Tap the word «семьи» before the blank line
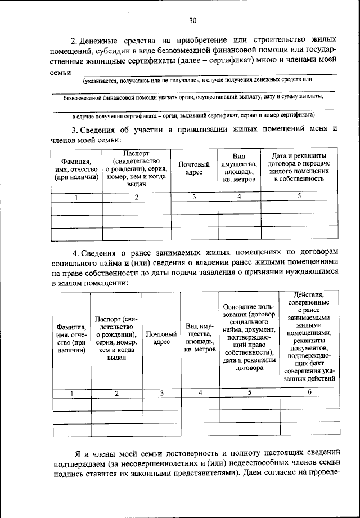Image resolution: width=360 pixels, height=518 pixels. point(61,72)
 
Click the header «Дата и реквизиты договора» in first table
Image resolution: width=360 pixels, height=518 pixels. point(299,167)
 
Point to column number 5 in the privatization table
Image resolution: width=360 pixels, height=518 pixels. point(299,196)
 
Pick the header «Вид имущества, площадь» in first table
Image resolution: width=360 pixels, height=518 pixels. point(239,167)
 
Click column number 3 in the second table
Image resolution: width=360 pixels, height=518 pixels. point(161,393)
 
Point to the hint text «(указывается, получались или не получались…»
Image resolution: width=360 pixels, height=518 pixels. point(197,81)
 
